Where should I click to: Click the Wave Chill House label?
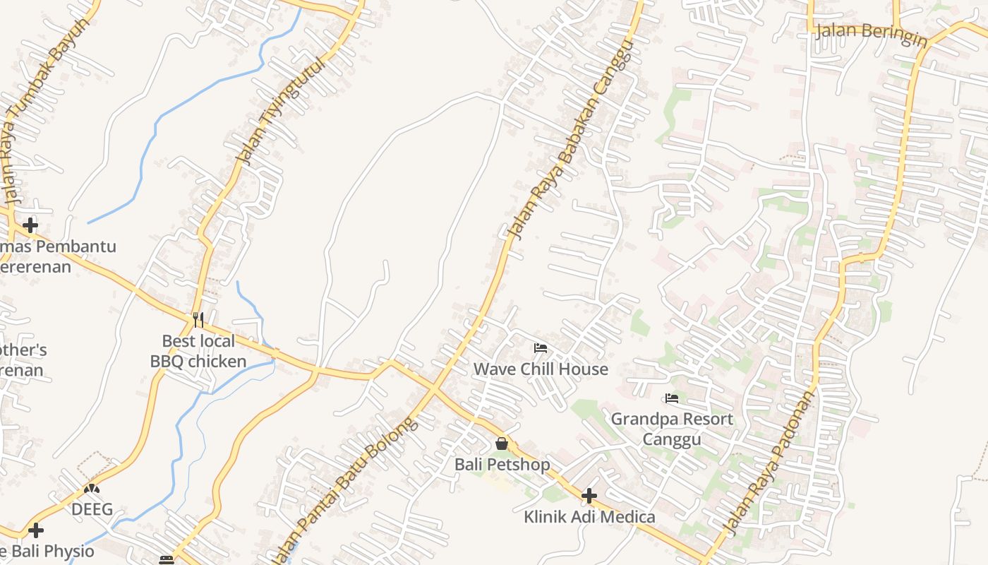click(541, 369)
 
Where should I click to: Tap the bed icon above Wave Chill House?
click(541, 348)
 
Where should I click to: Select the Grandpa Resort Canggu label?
click(672, 429)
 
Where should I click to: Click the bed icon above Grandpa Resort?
click(672, 399)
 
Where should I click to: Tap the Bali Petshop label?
click(502, 464)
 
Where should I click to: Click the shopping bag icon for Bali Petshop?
click(502, 444)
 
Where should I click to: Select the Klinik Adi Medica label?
click(589, 516)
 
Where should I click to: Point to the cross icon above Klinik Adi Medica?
click(589, 496)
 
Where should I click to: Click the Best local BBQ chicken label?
click(198, 351)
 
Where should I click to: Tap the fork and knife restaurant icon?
click(198, 320)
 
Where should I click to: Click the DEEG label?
click(92, 509)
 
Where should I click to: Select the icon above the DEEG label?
click(92, 488)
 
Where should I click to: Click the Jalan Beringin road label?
click(871, 35)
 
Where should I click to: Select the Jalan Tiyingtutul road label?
click(282, 111)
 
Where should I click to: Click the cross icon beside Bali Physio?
click(36, 530)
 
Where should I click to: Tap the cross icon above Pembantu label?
click(30, 225)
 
